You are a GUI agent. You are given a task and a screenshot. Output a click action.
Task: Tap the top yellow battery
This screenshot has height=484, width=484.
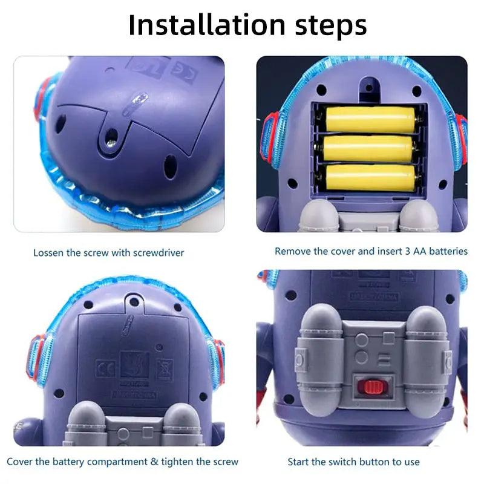pos(370,119)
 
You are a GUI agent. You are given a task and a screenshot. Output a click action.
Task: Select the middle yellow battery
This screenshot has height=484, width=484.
pos(370,148)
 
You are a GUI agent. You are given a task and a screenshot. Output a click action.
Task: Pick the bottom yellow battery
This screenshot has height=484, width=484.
pos(370,178)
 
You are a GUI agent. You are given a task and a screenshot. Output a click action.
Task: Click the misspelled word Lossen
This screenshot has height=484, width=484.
pos(48,252)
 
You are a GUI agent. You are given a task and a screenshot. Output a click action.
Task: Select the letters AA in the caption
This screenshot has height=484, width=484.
pos(417,250)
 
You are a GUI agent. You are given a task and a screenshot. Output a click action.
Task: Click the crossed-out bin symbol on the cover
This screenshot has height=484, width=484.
pos(163,367)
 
